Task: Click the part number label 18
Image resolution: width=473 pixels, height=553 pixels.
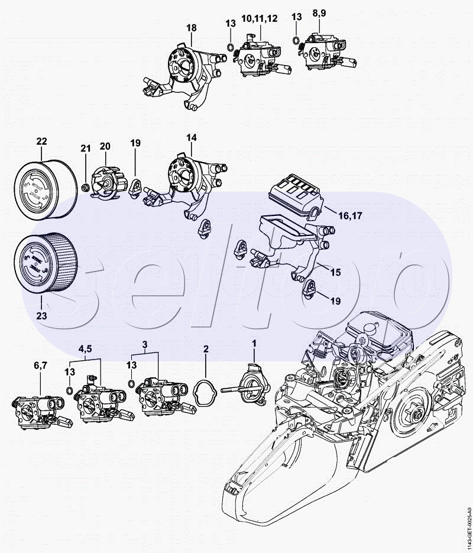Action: pyautogui.click(x=191, y=28)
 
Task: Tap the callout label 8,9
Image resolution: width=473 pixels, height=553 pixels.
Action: pyautogui.click(x=319, y=12)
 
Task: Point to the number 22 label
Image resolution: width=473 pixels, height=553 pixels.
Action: pyautogui.click(x=41, y=141)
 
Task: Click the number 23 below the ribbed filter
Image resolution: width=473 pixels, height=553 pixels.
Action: pyautogui.click(x=41, y=315)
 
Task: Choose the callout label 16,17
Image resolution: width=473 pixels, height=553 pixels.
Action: pyautogui.click(x=350, y=216)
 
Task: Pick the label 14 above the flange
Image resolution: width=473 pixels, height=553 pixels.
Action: pyautogui.click(x=191, y=138)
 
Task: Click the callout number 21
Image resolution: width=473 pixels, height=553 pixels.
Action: pyautogui.click(x=85, y=148)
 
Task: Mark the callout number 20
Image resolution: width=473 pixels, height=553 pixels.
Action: pyautogui.click(x=105, y=146)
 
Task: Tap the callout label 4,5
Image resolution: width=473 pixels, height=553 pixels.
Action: pyautogui.click(x=86, y=347)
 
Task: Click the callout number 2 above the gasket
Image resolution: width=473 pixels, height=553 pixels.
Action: pyautogui.click(x=206, y=349)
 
